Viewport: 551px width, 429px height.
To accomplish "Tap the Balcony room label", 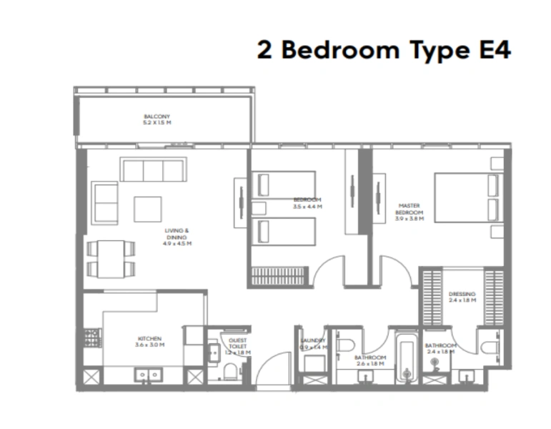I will [x=157, y=119].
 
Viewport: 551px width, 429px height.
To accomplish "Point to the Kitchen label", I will [x=149, y=341].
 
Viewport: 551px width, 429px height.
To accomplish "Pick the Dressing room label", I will [x=462, y=297].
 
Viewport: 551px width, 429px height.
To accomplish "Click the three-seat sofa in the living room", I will [x=152, y=170].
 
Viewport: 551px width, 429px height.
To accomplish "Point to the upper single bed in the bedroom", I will [x=285, y=184].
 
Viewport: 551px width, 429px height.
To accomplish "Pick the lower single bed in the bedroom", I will [x=285, y=231].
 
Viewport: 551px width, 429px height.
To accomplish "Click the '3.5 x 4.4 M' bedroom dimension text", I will [x=307, y=207].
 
